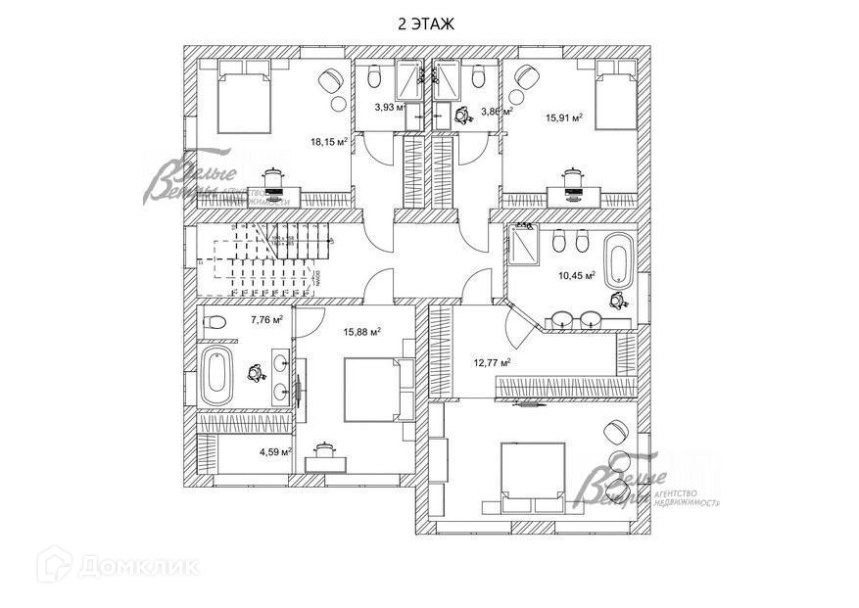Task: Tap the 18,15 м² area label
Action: pos(329,142)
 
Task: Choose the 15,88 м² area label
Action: pos(361,331)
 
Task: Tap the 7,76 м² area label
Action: pos(266,319)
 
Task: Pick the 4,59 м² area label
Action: pos(275,452)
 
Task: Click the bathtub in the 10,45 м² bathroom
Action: pos(618,258)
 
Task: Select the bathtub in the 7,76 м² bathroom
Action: pos(216,374)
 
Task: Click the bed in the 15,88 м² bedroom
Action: pos(371,389)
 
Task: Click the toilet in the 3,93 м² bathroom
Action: pos(373,77)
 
